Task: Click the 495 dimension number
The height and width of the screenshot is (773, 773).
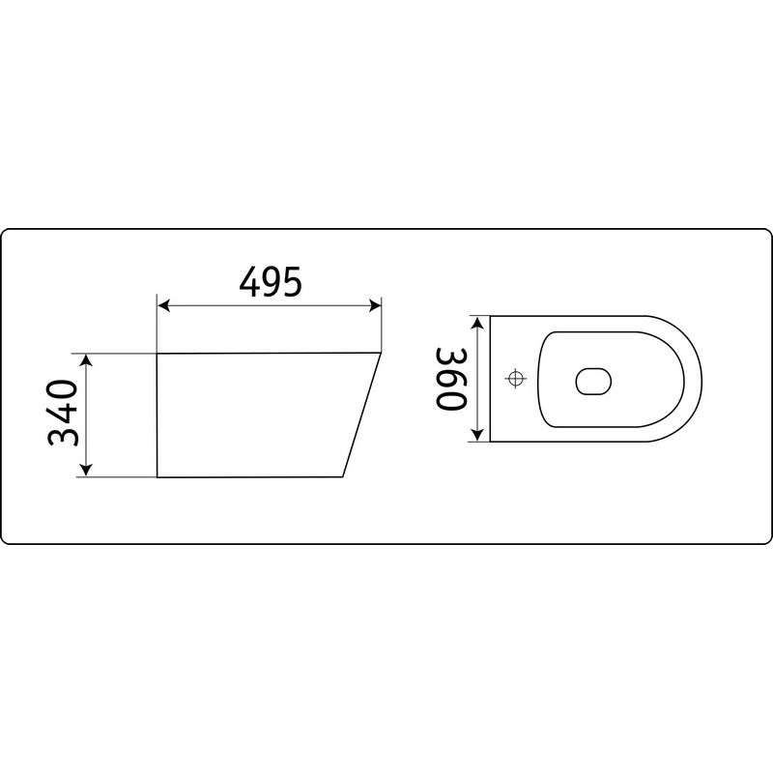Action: [x=271, y=281]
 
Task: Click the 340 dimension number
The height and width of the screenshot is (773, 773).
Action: [x=63, y=413]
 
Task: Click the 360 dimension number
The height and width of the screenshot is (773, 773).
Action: [x=450, y=379]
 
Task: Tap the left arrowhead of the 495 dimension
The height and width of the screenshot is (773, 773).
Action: [x=163, y=305]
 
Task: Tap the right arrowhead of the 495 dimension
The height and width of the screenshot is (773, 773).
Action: [x=375, y=305]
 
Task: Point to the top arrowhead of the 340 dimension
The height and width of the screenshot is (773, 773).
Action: [x=86, y=360]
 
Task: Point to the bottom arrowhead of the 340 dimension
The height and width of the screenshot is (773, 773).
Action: [x=86, y=471]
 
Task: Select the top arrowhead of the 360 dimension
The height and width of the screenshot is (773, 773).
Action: [x=477, y=323]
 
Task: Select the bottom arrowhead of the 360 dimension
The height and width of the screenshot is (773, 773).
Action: [x=477, y=435]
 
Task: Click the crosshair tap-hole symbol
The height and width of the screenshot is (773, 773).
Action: [x=516, y=379]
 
